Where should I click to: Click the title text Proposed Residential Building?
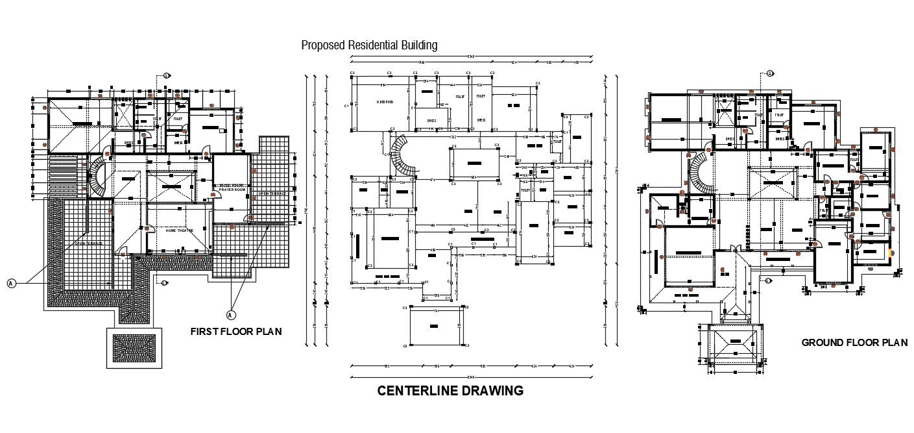click(x=369, y=45)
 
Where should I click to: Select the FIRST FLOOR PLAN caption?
click(x=235, y=331)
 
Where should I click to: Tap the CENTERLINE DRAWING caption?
click(x=450, y=391)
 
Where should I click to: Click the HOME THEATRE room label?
click(x=180, y=230)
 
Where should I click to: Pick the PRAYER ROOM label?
click(x=231, y=189)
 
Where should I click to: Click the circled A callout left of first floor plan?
click(x=11, y=282)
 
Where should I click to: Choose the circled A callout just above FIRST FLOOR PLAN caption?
click(x=230, y=315)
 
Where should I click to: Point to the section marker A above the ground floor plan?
click(x=770, y=73)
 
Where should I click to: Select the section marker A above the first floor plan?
click(x=166, y=75)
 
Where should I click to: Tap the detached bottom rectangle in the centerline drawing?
click(x=436, y=326)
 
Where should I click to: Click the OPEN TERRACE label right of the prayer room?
click(x=271, y=193)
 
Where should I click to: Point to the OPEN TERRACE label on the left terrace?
click(x=89, y=244)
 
